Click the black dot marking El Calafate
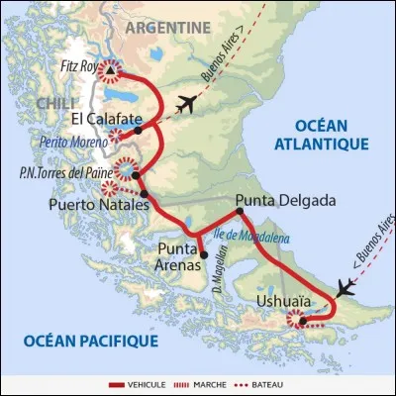click(x=139, y=130)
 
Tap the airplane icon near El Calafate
click(x=186, y=104)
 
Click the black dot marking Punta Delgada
click(x=239, y=211)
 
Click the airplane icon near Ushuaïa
click(x=346, y=288)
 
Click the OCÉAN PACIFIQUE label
click(x=91, y=342)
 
